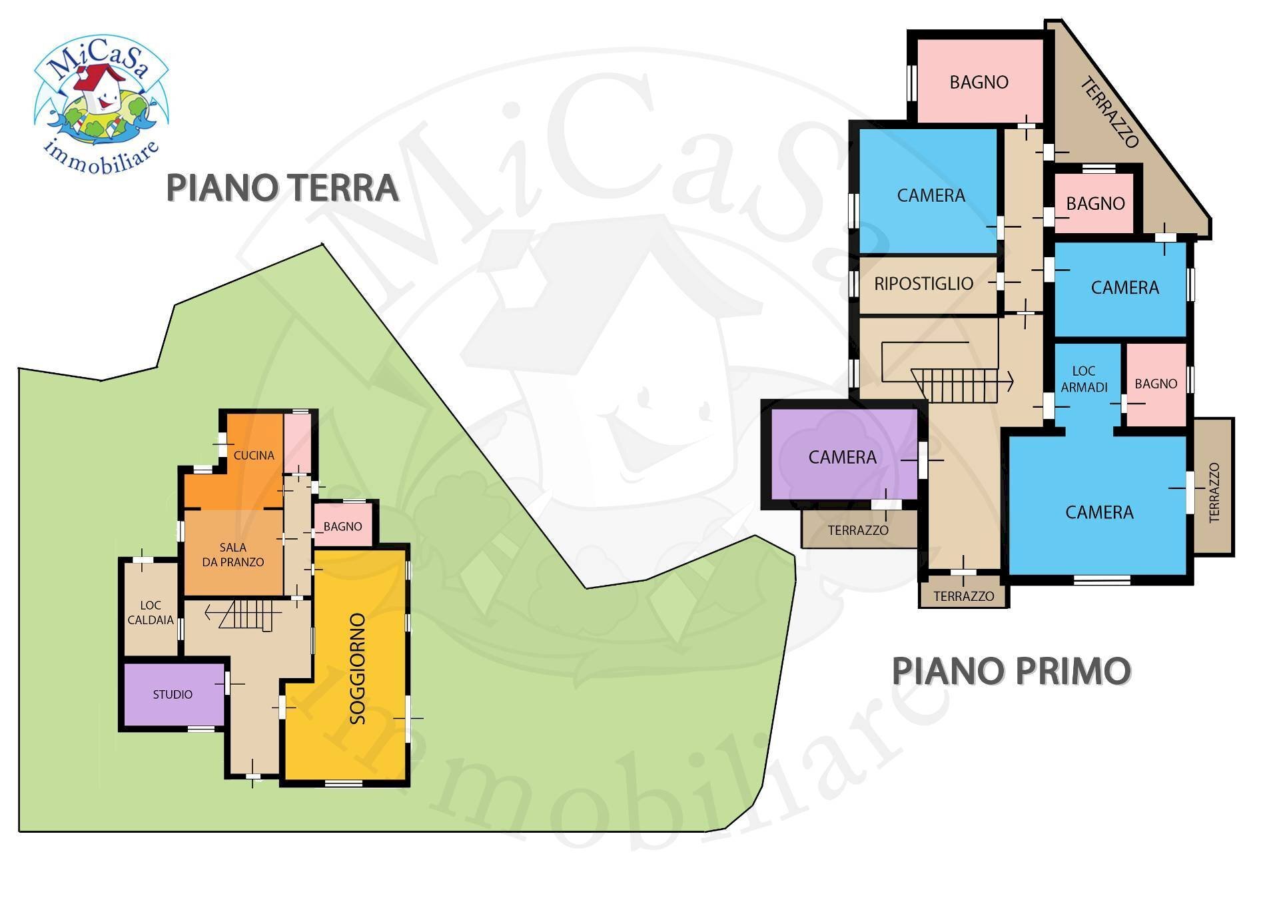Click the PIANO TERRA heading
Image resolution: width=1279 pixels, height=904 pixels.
point(282,188)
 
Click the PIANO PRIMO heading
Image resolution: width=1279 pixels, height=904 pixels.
point(1011,671)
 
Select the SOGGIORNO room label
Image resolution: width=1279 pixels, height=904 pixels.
point(358,668)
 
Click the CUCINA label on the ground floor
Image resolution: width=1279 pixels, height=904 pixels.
point(253,456)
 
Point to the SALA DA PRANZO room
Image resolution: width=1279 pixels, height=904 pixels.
point(233,554)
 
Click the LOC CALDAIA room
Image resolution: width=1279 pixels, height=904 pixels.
point(151,612)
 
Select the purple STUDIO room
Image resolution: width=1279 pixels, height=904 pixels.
point(173,694)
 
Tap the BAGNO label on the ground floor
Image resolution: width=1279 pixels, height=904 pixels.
point(342,526)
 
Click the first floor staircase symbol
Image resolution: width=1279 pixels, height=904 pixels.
point(954,384)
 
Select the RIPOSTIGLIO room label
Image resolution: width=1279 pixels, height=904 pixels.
point(923,284)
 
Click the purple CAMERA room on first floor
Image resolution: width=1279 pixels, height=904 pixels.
point(842,458)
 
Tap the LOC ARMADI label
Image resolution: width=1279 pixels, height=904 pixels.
point(1084,379)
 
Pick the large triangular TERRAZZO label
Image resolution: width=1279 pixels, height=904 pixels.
point(1108,112)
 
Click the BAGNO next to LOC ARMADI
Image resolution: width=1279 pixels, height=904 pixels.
point(1156,384)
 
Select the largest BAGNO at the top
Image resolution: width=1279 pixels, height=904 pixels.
point(979,83)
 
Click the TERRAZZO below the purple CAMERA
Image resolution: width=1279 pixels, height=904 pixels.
point(858,530)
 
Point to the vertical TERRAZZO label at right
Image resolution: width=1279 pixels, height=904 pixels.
point(1214,492)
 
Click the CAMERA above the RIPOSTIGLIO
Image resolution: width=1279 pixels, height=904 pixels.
point(931,196)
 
